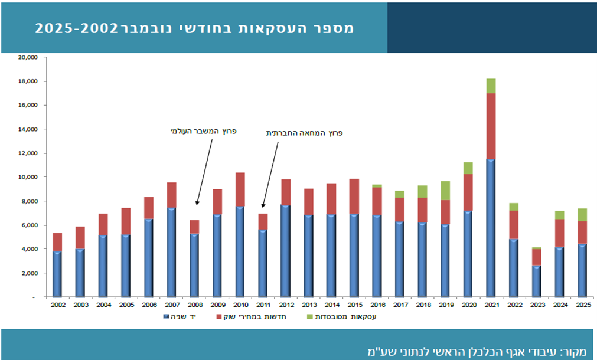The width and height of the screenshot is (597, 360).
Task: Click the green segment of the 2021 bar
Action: [x=491, y=86]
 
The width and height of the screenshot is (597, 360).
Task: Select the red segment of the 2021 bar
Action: [x=491, y=126]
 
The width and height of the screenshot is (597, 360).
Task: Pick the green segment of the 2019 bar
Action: [x=445, y=191]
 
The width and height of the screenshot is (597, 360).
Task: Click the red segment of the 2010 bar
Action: [x=240, y=189]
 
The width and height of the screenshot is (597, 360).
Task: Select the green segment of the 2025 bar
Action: [x=582, y=214]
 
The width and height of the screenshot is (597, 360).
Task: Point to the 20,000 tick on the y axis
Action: [x=28, y=58]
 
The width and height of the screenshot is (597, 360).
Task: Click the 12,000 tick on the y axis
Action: [x=28, y=153]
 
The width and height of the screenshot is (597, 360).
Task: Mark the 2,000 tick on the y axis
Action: [x=30, y=273]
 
